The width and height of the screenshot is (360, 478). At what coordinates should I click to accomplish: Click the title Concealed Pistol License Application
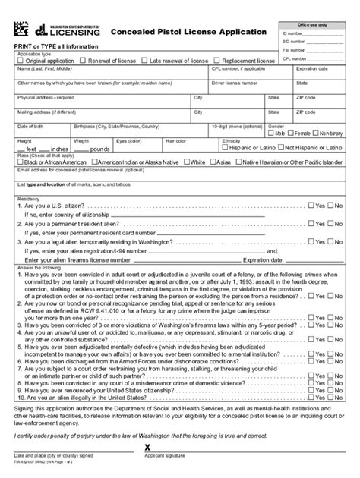point(189,32)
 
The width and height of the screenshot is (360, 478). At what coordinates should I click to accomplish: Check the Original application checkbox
point(22,61)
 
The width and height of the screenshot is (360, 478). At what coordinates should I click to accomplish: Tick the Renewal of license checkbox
point(84,61)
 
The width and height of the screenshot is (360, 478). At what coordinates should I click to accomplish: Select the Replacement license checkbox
point(221,61)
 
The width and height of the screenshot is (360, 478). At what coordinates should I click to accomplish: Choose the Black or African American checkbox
point(22,162)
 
